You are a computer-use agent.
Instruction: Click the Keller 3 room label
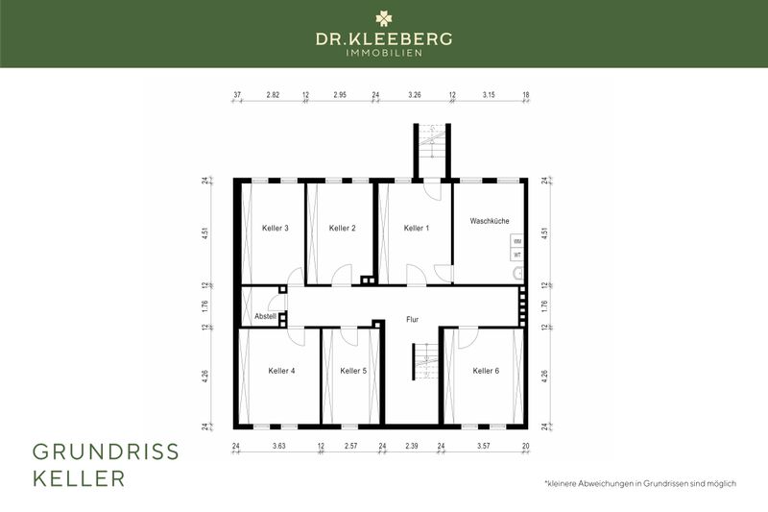[276, 228]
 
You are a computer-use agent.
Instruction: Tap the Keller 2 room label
[342, 228]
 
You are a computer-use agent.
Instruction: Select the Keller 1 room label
[417, 228]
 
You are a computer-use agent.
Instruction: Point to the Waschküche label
[489, 221]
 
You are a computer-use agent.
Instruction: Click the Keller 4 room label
[281, 371]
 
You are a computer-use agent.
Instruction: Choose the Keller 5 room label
[352, 371]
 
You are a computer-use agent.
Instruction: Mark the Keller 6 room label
[486, 371]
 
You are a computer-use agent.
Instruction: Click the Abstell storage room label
[265, 316]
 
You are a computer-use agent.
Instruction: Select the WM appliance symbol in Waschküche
[516, 242]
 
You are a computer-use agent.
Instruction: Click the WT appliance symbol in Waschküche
[516, 256]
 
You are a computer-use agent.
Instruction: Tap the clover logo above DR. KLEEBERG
[384, 17]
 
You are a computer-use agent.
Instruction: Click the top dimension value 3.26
[415, 96]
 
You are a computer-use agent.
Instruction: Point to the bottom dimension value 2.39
[412, 447]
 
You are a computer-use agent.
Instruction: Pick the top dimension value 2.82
[273, 96]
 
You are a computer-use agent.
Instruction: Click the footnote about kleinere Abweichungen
[639, 483]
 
